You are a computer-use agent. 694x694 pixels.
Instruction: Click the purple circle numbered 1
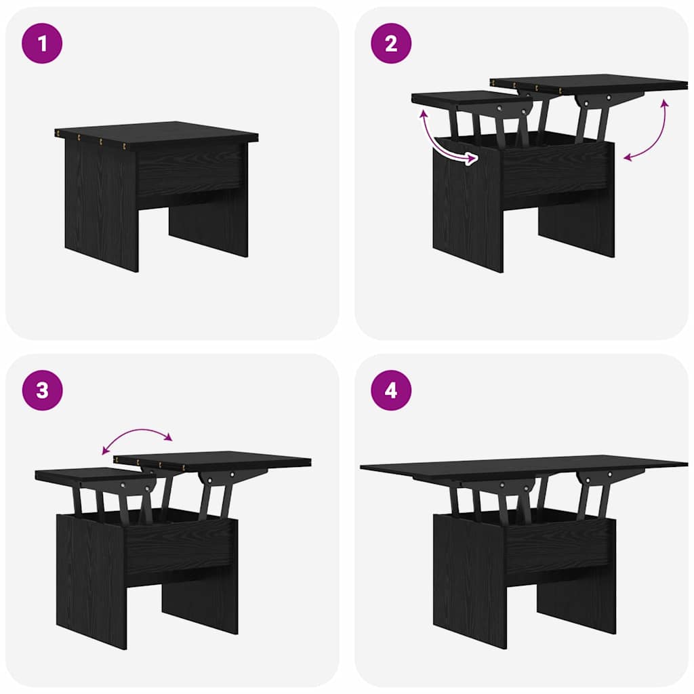click(x=42, y=43)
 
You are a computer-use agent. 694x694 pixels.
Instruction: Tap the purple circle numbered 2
click(x=391, y=43)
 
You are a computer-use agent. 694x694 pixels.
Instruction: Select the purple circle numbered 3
click(x=42, y=390)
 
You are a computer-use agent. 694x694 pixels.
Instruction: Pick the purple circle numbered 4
click(x=391, y=390)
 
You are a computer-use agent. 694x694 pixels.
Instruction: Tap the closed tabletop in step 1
click(x=157, y=132)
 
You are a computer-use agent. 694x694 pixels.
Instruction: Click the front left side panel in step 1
click(x=102, y=203)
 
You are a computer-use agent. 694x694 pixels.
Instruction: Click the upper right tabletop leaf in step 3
click(x=212, y=460)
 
